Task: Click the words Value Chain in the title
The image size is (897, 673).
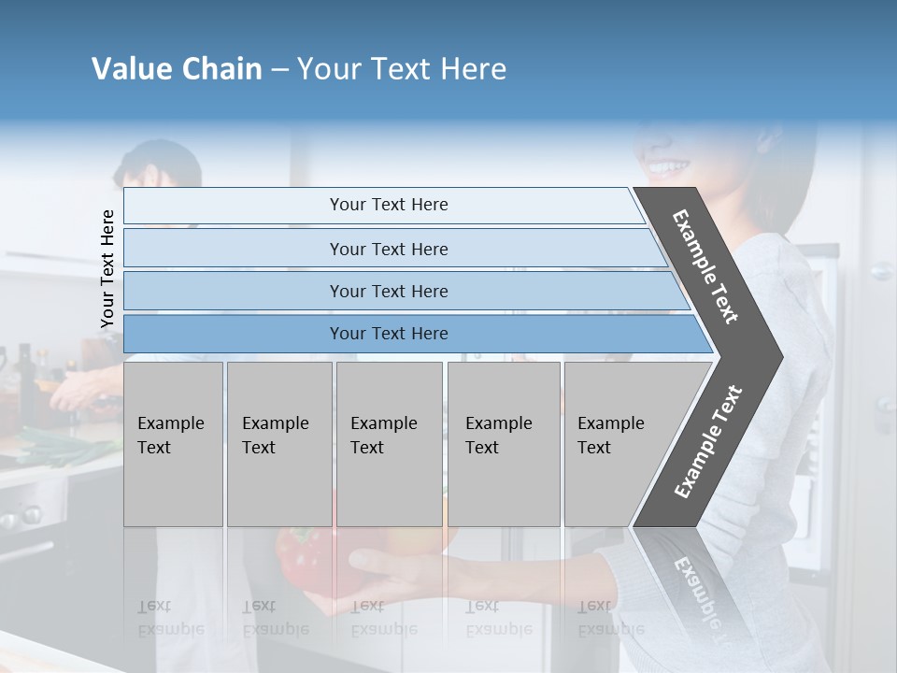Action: [x=177, y=69]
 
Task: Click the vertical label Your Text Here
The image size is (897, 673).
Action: [x=107, y=268]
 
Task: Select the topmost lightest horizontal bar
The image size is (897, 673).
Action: [x=388, y=205]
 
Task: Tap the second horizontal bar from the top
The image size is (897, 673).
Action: [x=388, y=249]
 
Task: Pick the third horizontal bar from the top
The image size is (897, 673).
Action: [x=388, y=291]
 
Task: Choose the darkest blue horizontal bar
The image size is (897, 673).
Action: [x=388, y=334]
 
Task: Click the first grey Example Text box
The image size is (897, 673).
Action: [x=173, y=444]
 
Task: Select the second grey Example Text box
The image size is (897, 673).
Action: [x=279, y=444]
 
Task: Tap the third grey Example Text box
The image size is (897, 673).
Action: [x=389, y=444]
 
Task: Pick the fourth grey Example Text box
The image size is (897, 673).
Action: [x=504, y=444]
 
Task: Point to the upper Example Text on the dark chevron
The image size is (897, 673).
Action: [x=705, y=266]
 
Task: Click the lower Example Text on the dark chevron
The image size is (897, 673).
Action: [x=707, y=442]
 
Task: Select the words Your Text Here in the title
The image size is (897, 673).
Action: [x=402, y=69]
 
